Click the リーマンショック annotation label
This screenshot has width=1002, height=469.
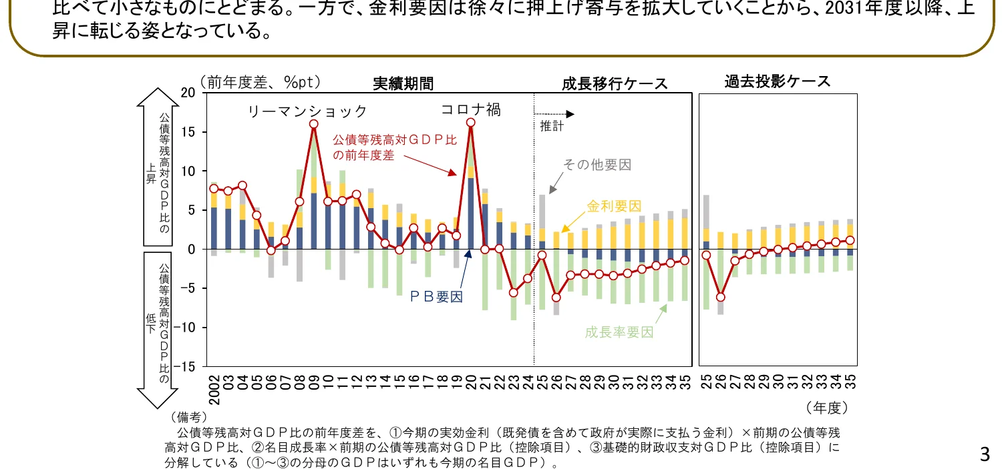(x=307, y=111)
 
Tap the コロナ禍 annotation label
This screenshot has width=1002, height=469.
(x=470, y=110)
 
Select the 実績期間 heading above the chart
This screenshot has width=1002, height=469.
(x=403, y=83)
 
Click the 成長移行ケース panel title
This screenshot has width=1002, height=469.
(x=614, y=83)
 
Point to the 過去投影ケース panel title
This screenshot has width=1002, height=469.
(x=778, y=82)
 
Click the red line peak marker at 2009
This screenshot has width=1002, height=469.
(x=314, y=124)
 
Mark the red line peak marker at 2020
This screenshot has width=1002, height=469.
(x=471, y=123)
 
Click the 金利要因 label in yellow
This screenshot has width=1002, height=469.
(x=615, y=205)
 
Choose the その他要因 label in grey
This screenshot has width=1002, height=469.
(x=597, y=165)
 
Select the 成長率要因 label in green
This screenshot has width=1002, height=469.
(x=619, y=332)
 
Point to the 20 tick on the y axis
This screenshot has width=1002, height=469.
(x=189, y=93)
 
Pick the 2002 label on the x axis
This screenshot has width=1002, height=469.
(x=214, y=390)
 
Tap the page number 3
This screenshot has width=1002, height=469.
(x=984, y=455)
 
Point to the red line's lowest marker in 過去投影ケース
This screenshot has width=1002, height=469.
(x=721, y=298)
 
